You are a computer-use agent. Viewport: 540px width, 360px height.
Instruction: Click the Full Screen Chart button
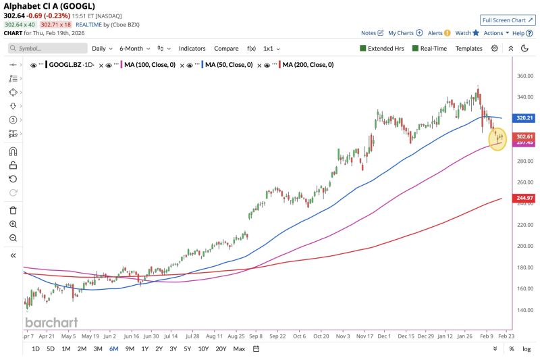click(x=508, y=20)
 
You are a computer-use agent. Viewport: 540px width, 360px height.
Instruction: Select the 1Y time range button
click(x=145, y=349)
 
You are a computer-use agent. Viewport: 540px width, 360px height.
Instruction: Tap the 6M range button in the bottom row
click(x=114, y=349)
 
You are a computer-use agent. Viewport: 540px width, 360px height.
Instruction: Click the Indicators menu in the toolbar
click(x=192, y=49)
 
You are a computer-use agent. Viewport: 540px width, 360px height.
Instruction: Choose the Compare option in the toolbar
click(x=226, y=49)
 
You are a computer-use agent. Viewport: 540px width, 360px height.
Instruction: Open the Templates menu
click(x=468, y=49)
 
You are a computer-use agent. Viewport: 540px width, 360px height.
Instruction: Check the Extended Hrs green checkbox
click(x=363, y=49)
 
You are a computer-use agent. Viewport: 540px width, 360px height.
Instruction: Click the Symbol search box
click(x=48, y=49)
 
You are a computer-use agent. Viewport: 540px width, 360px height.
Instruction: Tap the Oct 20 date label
click(x=321, y=335)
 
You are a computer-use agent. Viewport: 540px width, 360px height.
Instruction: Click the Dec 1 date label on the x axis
click(x=384, y=335)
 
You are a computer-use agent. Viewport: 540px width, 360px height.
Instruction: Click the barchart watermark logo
click(x=51, y=322)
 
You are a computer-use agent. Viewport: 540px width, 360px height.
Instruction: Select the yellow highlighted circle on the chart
click(x=497, y=138)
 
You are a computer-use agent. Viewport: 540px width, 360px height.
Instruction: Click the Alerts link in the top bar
click(x=439, y=32)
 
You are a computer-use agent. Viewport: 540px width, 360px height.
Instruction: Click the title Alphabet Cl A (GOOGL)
click(x=49, y=6)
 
